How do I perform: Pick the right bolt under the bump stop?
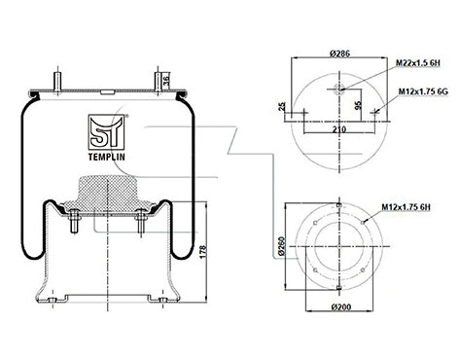point(140,227)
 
